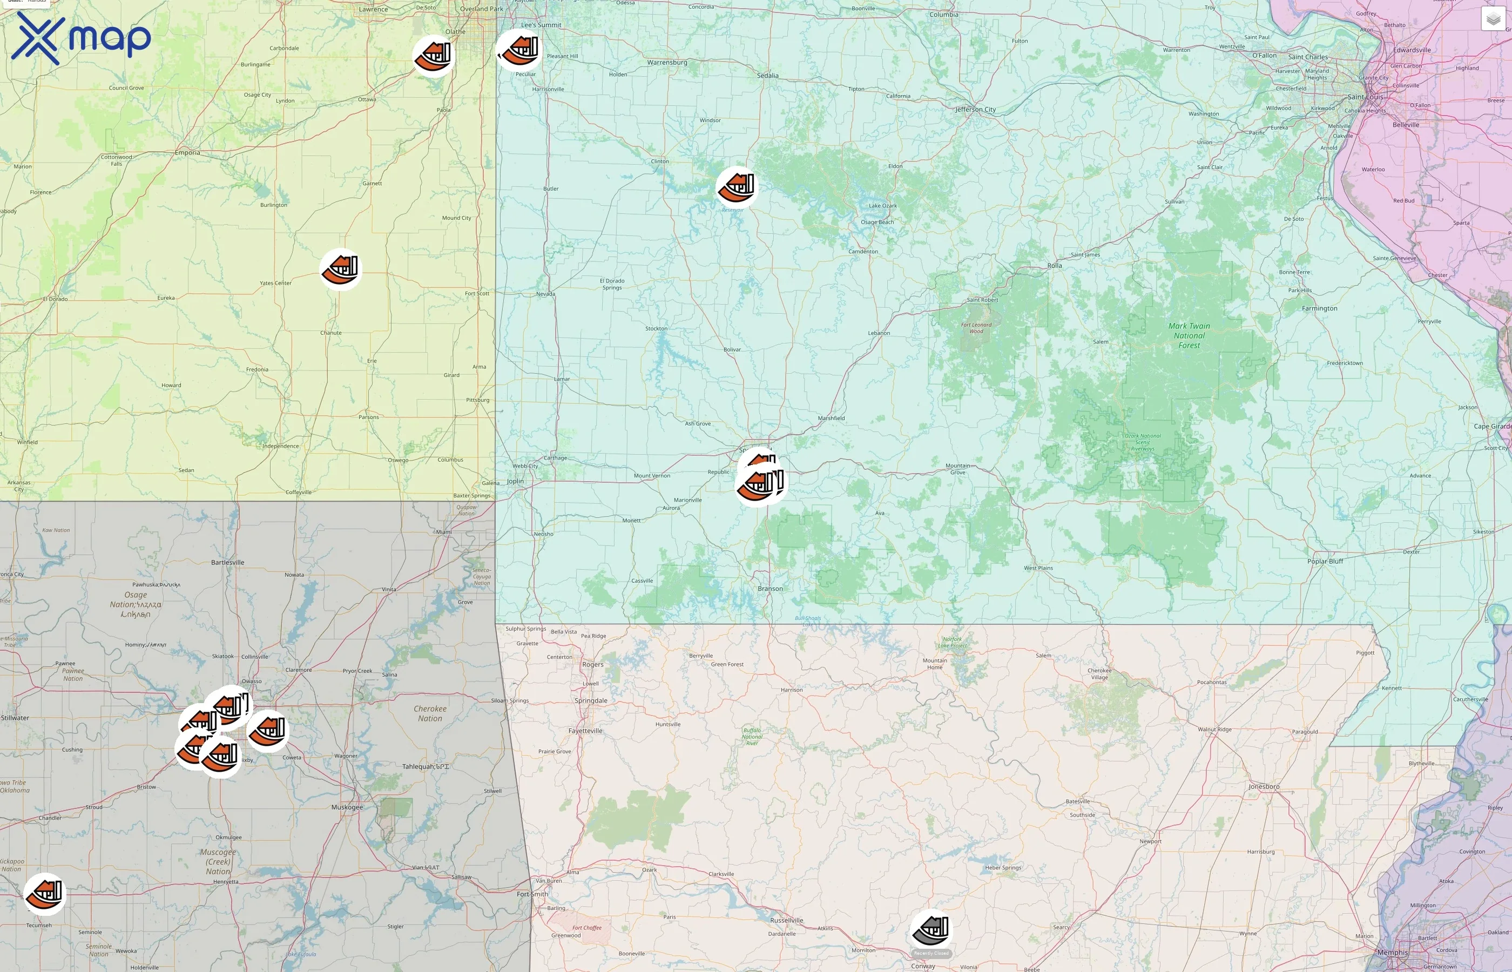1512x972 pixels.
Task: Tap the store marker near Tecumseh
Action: [45, 894]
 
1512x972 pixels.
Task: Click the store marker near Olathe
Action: [434, 56]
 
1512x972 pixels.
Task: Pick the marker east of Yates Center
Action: [341, 269]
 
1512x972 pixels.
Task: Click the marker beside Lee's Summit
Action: [519, 50]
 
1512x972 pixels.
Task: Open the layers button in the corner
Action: [1493, 19]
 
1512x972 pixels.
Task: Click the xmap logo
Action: [81, 38]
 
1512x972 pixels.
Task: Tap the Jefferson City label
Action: [975, 109]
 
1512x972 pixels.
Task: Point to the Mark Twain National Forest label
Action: [1189, 336]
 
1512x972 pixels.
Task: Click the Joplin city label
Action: [515, 481]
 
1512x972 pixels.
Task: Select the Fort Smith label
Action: [532, 894]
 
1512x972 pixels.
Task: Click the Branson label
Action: [770, 588]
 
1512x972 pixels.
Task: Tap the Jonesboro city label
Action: [1264, 786]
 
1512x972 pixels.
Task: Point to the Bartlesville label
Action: [227, 562]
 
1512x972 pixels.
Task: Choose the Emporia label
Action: [187, 153]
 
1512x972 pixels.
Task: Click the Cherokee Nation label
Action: [430, 713]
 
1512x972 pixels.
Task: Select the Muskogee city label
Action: [347, 807]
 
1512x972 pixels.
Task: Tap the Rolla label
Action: [1055, 266]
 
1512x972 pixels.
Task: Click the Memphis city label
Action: [1392, 953]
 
